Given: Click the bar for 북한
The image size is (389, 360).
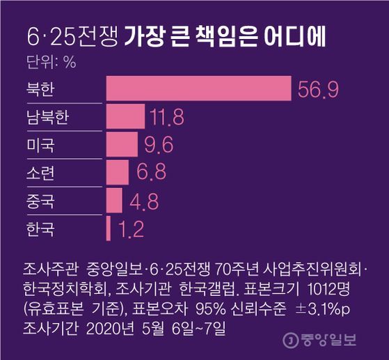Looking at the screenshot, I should pyautogui.click(x=198, y=90).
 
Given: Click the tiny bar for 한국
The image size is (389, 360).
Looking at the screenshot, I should pyautogui.click(x=109, y=228).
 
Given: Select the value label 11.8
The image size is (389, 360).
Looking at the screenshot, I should pyautogui.click(x=167, y=118).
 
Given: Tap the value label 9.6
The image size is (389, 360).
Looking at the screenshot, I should pyautogui.click(x=157, y=145).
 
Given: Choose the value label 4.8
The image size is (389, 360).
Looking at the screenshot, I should pyautogui.click(x=145, y=201).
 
